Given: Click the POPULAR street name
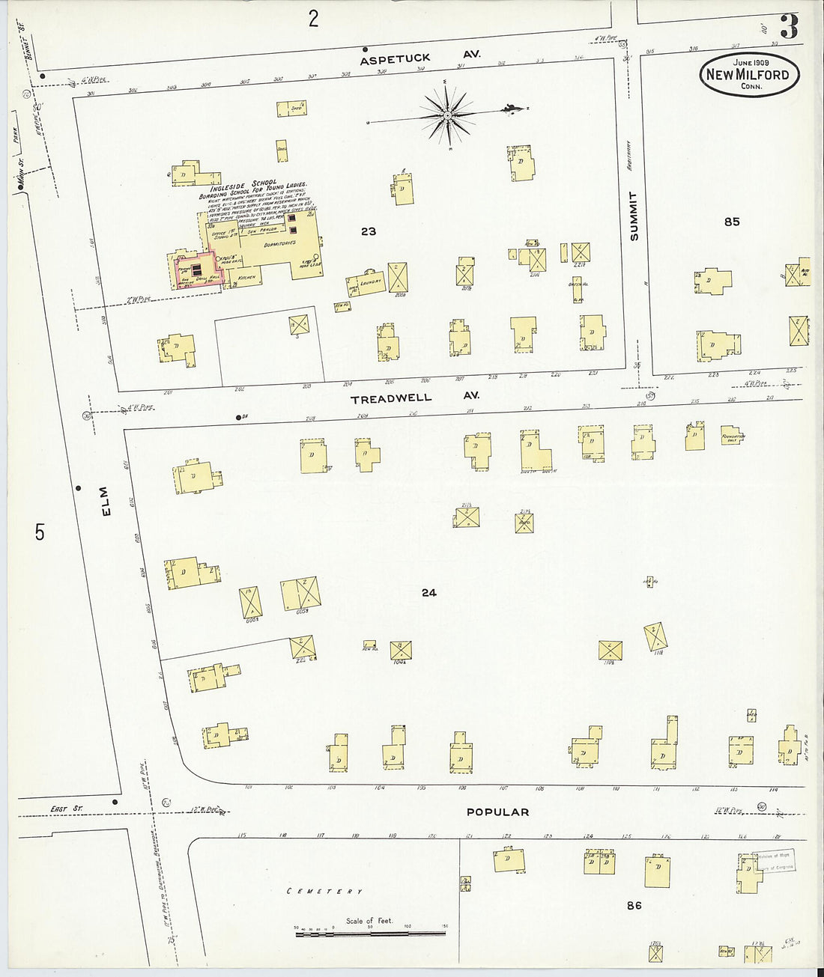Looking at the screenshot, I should [497, 812].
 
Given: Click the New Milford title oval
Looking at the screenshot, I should [749, 74].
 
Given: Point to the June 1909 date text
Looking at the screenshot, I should [749, 61].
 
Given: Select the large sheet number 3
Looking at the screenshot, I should [788, 27].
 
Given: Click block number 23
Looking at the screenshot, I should [368, 231].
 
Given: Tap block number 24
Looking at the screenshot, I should [428, 592].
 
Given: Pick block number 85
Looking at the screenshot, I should [731, 221].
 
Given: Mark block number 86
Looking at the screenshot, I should [634, 905].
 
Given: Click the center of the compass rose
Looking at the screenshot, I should [446, 115].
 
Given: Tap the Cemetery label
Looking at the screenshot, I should [325, 892].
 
